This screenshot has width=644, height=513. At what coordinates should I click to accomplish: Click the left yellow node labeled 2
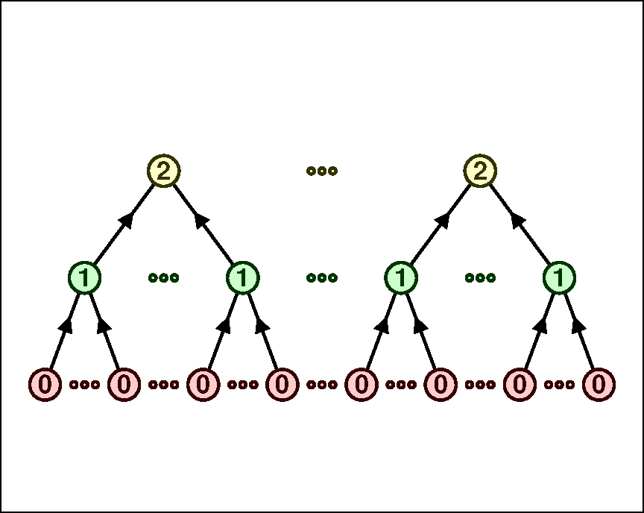163,171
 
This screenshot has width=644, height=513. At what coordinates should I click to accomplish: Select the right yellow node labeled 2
480,171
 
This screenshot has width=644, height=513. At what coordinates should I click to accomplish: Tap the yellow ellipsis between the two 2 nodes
322,171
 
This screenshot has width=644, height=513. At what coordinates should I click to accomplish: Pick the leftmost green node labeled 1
84,278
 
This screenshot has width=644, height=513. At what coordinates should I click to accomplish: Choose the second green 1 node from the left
242,278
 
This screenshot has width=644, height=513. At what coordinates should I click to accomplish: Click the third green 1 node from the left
401,278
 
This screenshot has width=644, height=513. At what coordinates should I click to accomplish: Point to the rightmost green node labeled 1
559,278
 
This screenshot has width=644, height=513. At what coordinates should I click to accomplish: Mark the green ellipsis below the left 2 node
163,278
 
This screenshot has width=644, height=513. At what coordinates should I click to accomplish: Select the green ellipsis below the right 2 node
480,278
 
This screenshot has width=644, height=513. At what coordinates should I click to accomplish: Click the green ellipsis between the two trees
322,278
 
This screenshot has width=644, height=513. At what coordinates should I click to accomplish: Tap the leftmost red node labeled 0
45,385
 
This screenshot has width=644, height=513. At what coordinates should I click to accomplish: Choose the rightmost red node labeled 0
599,385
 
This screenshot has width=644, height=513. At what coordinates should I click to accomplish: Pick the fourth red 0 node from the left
282,385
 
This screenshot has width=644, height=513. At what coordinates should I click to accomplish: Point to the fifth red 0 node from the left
362,385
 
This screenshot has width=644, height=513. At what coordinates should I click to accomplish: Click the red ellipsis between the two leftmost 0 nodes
84,385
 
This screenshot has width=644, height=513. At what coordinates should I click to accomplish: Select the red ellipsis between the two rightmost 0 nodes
559,385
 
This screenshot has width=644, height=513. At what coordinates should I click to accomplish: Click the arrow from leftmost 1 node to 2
124,224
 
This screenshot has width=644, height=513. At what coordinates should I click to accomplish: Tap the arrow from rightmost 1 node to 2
520,224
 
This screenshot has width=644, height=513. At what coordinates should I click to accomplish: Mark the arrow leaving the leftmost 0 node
64,332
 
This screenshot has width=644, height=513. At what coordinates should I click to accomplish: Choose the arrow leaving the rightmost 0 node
579,332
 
